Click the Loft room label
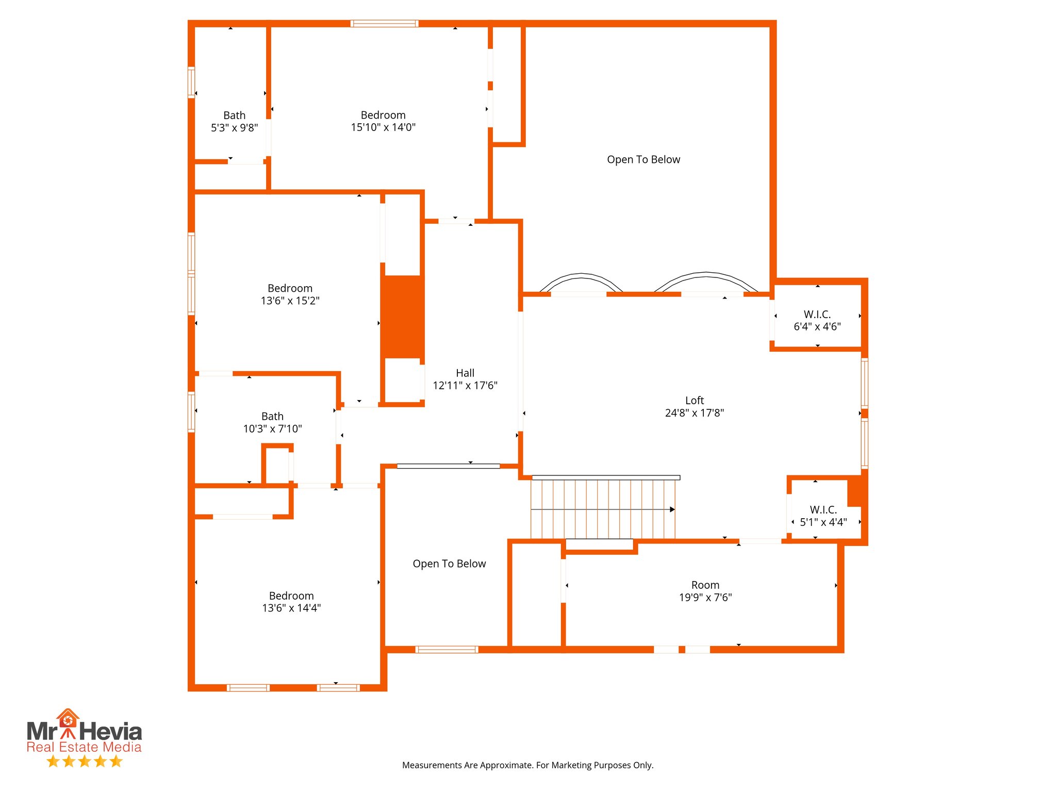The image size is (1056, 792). coord(694,401)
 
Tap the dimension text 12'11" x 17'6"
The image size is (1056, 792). coord(465,386)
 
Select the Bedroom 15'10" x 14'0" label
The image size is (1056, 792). coord(383,121)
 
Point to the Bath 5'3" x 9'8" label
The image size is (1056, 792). coord(234,122)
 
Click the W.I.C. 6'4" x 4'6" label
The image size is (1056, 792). coord(817,320)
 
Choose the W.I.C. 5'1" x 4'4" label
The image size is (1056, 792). coord(823,516)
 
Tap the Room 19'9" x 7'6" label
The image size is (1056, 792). coord(705,591)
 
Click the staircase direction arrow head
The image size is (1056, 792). coord(672,509)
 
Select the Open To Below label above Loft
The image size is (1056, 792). coord(643,160)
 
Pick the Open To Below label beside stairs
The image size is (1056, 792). coord(449,564)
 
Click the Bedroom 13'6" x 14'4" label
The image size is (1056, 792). coord(291,602)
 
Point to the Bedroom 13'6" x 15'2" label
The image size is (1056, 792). coord(290,294)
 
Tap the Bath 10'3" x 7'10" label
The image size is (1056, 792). coord(272,422)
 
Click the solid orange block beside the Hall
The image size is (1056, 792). coord(402,317)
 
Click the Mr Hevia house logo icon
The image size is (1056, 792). coord(68,719)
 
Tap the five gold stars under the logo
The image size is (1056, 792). coord(84,762)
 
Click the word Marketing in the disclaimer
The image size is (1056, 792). coord(558,765)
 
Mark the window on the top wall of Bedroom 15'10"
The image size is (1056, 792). coord(384,24)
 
